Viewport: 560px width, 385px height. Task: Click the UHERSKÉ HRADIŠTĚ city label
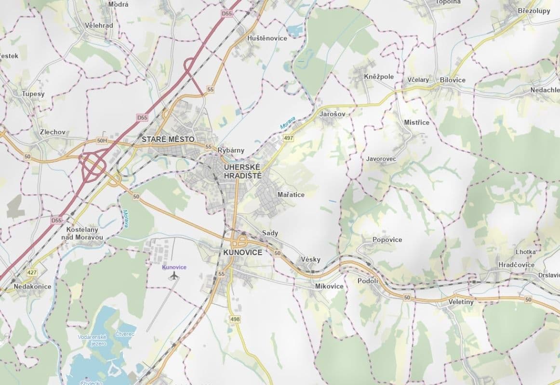point(242,171)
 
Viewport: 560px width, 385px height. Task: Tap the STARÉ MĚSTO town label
point(168,139)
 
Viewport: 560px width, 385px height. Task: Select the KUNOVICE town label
point(243,252)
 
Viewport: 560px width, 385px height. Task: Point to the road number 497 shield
point(289,139)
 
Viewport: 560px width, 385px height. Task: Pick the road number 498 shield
point(235,319)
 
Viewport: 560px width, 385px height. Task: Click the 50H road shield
point(102,141)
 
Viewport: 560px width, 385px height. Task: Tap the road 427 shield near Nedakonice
point(32,273)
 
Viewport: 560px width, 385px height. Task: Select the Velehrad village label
point(98,25)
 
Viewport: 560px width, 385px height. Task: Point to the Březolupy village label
point(533,11)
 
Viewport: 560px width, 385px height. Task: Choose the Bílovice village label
point(453,79)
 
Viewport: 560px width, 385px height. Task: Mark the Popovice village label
point(387,240)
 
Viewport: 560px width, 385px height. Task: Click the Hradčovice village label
point(516,265)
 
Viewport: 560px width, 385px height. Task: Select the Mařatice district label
point(291,194)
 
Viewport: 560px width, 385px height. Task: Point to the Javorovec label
point(381,158)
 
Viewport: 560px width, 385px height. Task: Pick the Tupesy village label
point(33,94)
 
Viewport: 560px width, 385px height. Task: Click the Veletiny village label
point(461,301)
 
